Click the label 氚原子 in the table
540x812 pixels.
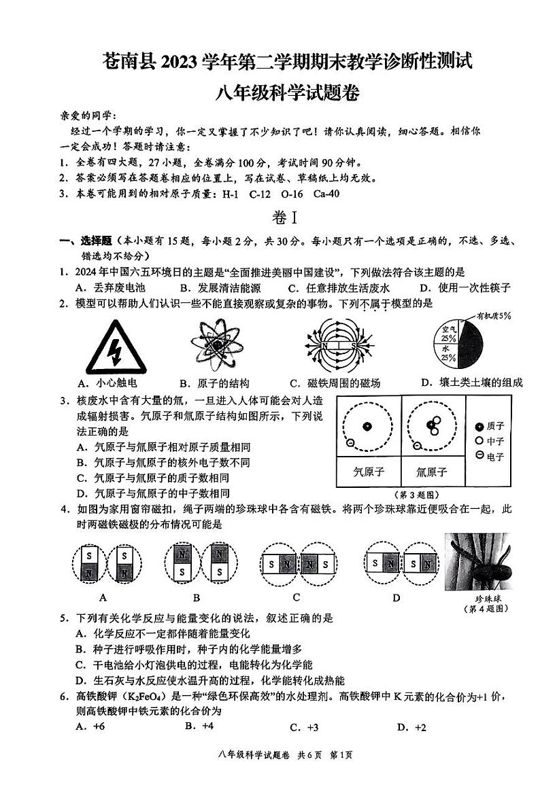pyautogui.click(x=432, y=472)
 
